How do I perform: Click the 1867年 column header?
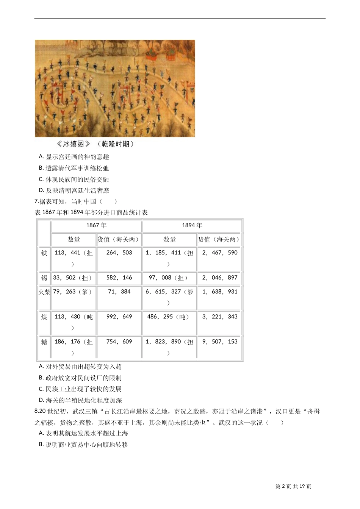pos(96,225)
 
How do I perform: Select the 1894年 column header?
pos(192,225)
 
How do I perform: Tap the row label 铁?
pos(44,253)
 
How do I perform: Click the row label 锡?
pos(44,278)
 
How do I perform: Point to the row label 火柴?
pos(44,292)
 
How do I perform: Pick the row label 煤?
pos(44,317)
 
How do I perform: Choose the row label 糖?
pos(44,342)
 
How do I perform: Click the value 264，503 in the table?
pos(119,253)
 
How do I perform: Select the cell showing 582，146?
pos(119,278)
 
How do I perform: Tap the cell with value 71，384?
pos(119,292)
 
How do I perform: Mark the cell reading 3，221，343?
pos(220,317)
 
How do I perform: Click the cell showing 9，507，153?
pos(220,342)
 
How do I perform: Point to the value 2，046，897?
pos(220,278)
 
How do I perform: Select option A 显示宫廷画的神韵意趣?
pos(74,157)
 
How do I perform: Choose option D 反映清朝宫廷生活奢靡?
pos(74,190)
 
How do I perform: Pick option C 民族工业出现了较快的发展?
pos(80,389)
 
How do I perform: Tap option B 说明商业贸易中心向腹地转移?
pos(83,445)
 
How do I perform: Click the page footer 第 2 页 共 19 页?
pos(293,487)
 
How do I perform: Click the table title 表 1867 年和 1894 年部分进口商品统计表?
pos(91,212)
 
